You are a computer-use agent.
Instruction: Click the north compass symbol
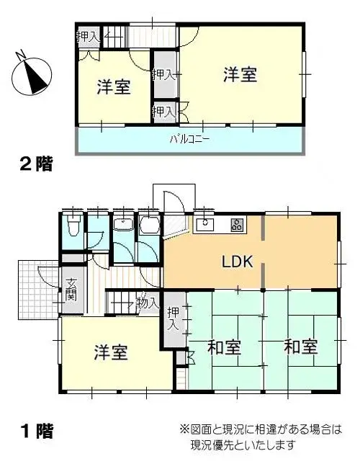tap(32, 75)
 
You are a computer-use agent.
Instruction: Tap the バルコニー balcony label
tap(189, 139)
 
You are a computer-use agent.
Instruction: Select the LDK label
tap(238, 262)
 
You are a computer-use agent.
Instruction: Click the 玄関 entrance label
tap(72, 290)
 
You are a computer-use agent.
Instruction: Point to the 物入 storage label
tap(146, 303)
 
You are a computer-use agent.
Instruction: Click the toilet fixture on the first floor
tap(73, 225)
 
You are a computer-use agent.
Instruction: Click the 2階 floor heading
tap(36, 164)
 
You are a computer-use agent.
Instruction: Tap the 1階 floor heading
tap(37, 431)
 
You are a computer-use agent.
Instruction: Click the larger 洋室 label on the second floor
tap(240, 74)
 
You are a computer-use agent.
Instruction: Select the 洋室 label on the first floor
tap(111, 352)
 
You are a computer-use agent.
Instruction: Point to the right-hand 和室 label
tap(300, 347)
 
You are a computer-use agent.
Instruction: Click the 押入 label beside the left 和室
tap(173, 318)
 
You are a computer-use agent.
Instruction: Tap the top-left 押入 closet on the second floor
tap(87, 37)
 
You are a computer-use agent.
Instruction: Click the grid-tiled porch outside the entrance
tap(39, 290)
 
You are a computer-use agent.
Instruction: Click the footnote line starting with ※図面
tap(260, 430)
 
